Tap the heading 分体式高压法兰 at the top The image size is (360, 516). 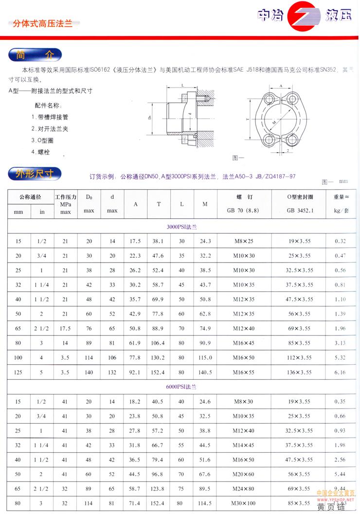tap(42, 23)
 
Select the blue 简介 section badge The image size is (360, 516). tap(34, 54)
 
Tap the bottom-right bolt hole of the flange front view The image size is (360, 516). tap(293, 141)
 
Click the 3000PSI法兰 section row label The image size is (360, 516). tap(182, 227)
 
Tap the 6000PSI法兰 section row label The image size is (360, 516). tap(182, 387)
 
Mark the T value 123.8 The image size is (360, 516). tap(159, 489)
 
